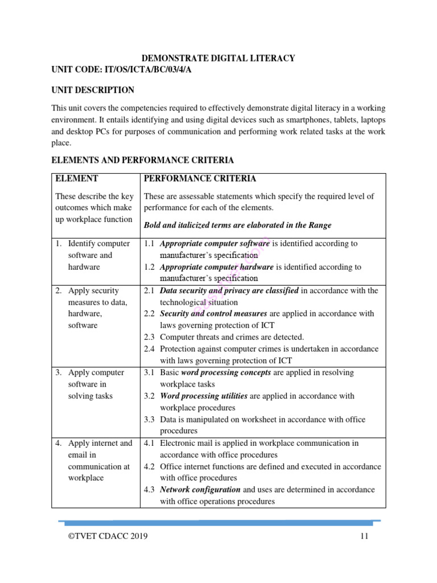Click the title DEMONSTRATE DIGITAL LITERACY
[218, 58]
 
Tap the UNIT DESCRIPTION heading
[93, 90]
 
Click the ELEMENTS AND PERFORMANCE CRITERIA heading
[142, 161]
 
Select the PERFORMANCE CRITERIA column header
[200, 179]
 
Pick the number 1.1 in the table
[149, 244]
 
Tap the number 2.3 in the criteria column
[149, 337]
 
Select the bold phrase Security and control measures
[213, 314]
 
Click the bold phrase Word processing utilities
[204, 396]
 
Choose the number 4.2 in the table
[149, 466]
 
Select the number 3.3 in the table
[149, 420]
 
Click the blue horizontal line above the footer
[218, 521]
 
